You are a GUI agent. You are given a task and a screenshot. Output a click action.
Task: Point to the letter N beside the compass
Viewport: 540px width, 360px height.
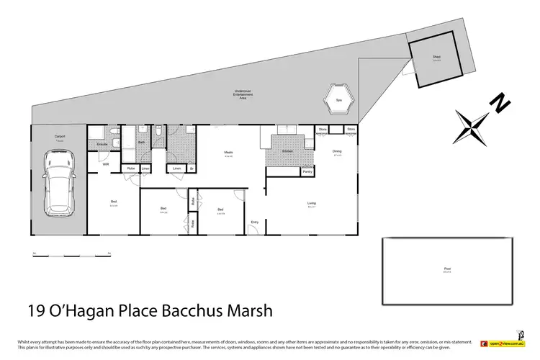click(x=496, y=106)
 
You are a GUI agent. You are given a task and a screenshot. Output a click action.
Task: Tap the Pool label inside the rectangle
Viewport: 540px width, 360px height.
click(x=447, y=269)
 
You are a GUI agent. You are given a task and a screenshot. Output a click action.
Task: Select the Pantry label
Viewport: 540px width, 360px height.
click(x=307, y=172)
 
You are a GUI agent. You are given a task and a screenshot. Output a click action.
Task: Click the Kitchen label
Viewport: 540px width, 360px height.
click(x=287, y=151)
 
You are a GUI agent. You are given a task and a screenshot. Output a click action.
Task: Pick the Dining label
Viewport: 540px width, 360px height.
click(x=337, y=150)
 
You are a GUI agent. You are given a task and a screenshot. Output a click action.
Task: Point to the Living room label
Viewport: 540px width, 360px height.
click(x=312, y=203)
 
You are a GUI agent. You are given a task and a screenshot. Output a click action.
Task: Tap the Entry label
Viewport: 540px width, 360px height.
click(x=254, y=222)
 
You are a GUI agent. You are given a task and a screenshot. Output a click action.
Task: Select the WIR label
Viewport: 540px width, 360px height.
click(x=105, y=164)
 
